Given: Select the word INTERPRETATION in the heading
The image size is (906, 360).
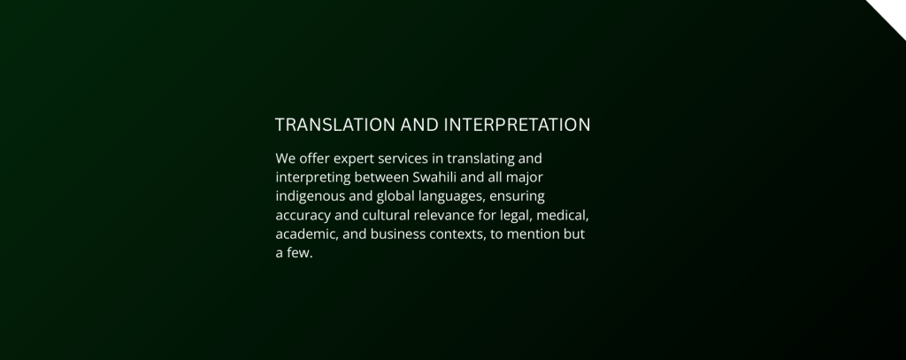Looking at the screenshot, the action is coord(517,125).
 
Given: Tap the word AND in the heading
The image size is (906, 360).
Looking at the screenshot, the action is coord(419,125).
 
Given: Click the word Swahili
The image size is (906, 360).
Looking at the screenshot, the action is coord(434,177).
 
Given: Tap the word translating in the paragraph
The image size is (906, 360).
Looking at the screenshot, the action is coord(480,159).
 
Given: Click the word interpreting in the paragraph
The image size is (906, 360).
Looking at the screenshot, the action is coord(313,178).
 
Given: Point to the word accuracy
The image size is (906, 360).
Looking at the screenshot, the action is coord(303,216).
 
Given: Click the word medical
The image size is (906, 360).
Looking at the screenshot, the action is coord(563,216).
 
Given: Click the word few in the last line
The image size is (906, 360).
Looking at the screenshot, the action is coord(301,253).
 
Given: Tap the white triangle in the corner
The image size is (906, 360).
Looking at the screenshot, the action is coord(893,13).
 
